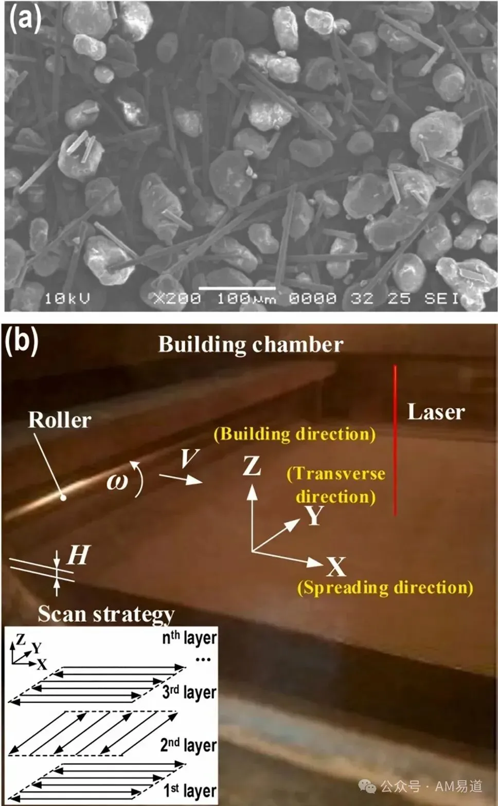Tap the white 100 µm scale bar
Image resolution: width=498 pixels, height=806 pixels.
coord(237,288)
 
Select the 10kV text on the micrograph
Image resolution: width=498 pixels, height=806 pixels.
coord(67,298)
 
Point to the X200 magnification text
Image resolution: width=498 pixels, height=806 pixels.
coord(177,298)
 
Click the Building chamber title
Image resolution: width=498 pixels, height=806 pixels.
coord(251,344)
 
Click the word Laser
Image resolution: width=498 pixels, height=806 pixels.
coord(436,412)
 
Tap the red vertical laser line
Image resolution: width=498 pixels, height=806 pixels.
coord(395,441)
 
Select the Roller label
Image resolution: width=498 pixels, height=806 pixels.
coord(60,420)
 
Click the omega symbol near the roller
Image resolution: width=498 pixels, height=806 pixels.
coord(117,481)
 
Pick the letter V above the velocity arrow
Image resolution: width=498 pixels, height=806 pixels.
coord(189,459)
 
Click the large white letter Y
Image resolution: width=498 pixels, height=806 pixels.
coord(314,516)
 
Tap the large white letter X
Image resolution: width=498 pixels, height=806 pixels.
coord(336,566)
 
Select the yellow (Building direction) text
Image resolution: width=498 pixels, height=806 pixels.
coord(295,434)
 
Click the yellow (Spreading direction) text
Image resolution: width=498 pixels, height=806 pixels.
coord(385,588)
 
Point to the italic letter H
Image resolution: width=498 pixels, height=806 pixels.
coord(78,555)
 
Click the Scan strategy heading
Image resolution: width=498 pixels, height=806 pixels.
coord(106,614)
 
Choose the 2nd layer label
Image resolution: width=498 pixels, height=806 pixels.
coord(188,745)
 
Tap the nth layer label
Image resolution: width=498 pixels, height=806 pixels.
coord(189,637)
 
